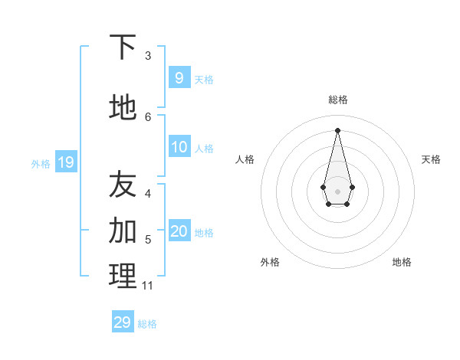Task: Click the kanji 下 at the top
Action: [123, 47]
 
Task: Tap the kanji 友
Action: [123, 185]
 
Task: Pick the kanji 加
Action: [123, 230]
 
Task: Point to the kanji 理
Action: [123, 276]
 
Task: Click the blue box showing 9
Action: [179, 77]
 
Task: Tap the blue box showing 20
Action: [179, 231]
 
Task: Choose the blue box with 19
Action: [65, 162]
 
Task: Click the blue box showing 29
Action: [123, 322]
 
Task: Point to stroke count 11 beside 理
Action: [147, 286]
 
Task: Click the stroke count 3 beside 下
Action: [148, 55]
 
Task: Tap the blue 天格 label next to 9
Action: [204, 79]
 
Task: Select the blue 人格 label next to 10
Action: [204, 148]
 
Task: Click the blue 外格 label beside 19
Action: [41, 163]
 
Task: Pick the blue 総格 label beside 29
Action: [147, 324]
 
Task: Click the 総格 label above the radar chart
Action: [337, 100]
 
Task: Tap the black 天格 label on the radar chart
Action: [431, 159]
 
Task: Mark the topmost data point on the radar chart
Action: [337, 129]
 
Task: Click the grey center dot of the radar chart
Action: [337, 191]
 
